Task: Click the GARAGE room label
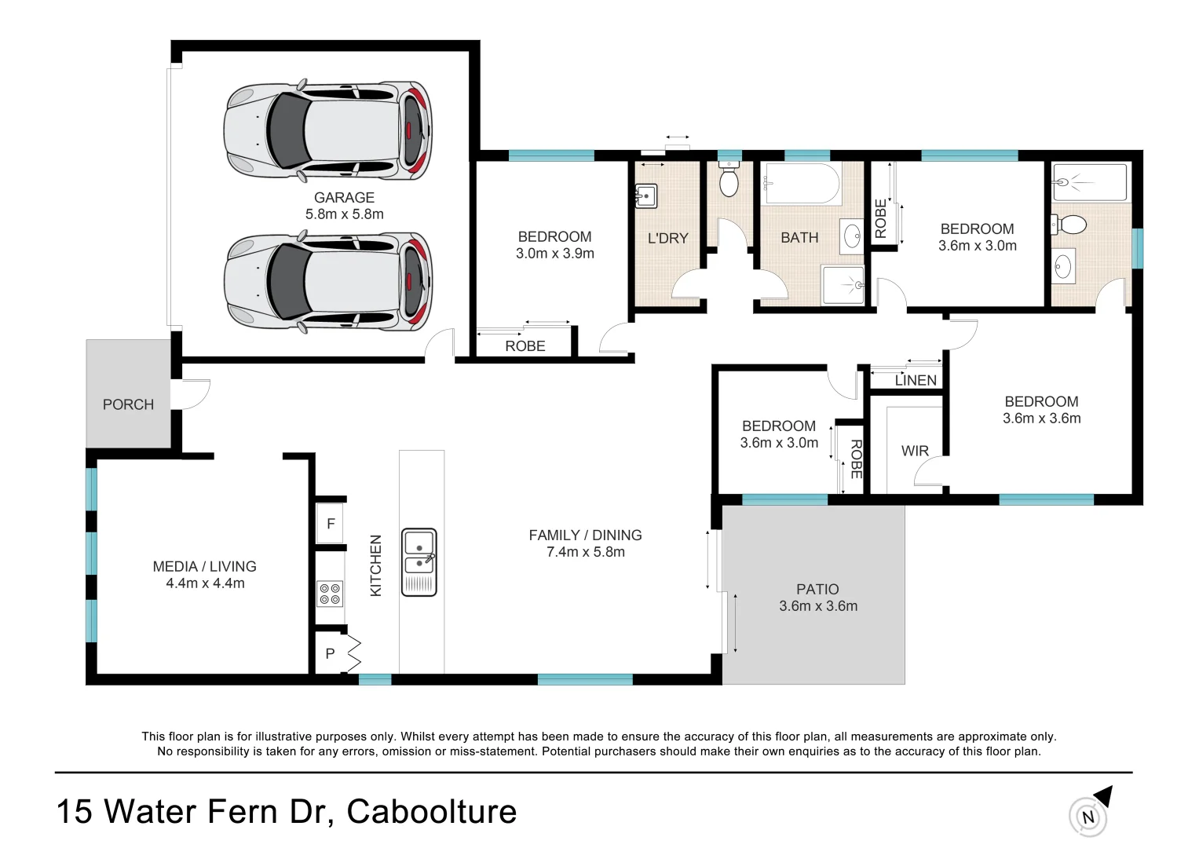pos(344,198)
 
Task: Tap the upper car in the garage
pos(327,130)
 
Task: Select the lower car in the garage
pos(327,282)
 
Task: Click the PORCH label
pos(128,404)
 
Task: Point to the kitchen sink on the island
pos(419,562)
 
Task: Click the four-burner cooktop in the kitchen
pos(330,594)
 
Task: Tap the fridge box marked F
pos(331,524)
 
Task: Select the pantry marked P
pos(331,653)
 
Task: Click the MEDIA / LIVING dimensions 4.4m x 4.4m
pos(205,583)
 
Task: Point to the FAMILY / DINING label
pos(585,535)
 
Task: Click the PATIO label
pos(817,589)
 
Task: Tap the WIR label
pos(915,451)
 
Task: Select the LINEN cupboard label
pos(916,381)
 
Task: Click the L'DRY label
pos(667,238)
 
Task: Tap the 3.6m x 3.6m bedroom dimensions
pos(1041,419)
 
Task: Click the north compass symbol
pos(1088,816)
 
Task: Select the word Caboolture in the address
pos(432,812)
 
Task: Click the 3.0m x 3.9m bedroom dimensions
pos(554,254)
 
